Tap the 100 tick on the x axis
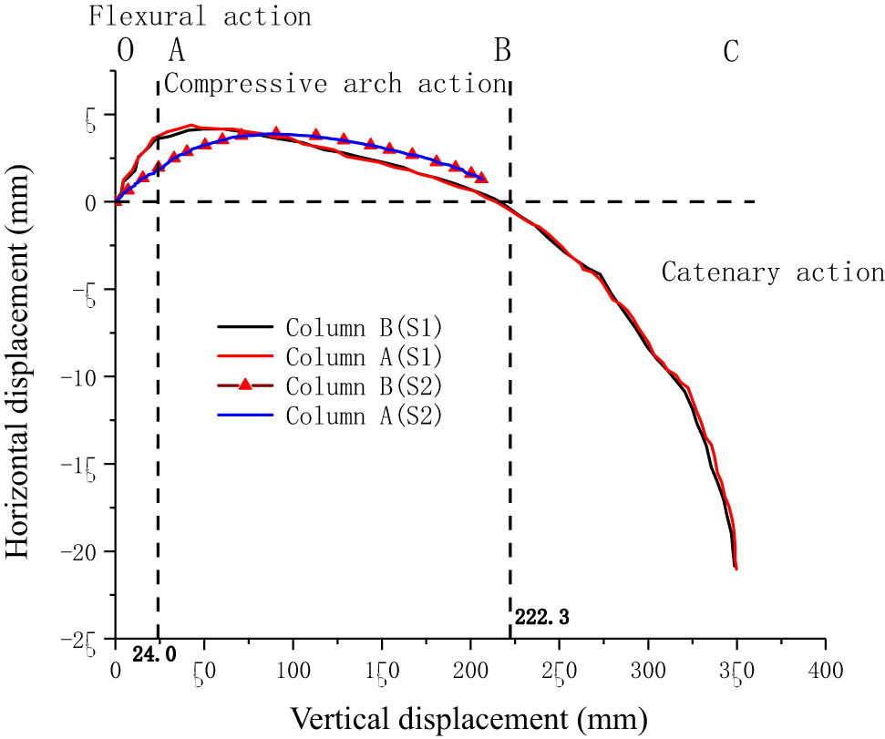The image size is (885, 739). [x=292, y=670]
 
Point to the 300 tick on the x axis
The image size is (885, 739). [x=648, y=670]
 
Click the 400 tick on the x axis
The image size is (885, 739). [x=825, y=670]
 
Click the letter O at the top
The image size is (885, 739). [x=126, y=53]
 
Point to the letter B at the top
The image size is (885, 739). [x=501, y=53]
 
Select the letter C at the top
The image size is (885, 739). [x=730, y=53]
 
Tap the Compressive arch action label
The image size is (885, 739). [x=334, y=85]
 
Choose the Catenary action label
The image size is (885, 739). [x=772, y=272]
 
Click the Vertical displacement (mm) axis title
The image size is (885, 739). [x=469, y=719]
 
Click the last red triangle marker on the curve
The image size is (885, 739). [x=481, y=178]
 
